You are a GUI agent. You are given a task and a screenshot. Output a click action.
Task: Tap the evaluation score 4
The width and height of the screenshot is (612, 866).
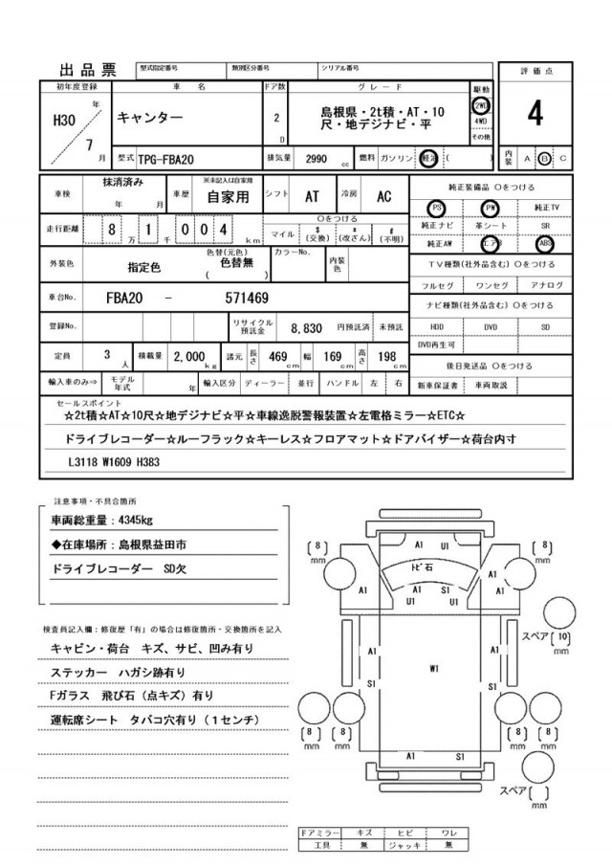click(535, 113)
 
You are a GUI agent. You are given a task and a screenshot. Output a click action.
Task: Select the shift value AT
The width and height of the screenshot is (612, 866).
click(312, 196)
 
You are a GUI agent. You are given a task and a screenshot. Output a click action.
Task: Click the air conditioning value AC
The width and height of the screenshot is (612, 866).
click(383, 196)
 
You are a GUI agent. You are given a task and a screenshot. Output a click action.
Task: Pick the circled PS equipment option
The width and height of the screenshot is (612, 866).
click(437, 208)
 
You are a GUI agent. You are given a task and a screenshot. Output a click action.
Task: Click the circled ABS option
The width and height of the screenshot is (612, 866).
click(545, 242)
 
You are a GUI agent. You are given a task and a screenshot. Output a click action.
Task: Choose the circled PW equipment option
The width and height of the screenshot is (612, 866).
click(492, 208)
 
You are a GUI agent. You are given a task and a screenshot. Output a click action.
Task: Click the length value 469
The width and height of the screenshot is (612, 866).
click(279, 356)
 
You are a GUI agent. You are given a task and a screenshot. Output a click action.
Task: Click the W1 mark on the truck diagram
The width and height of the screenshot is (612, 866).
click(434, 667)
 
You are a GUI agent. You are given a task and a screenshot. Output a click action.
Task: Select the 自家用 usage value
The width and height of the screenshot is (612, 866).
click(227, 196)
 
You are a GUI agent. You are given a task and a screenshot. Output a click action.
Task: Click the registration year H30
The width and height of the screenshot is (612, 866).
click(66, 121)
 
